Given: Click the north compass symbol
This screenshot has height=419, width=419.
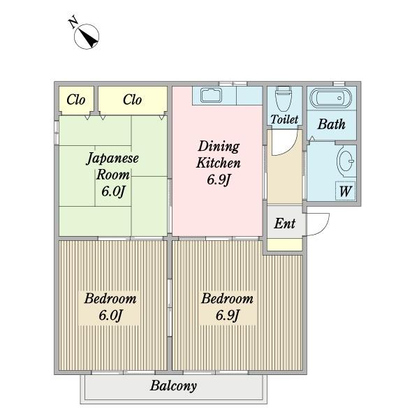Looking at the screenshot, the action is click(87, 36).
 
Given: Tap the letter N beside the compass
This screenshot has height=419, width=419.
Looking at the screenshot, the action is click(73, 22).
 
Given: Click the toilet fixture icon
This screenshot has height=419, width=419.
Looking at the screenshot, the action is click(284, 99).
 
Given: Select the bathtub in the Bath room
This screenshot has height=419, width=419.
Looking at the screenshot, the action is click(331, 98).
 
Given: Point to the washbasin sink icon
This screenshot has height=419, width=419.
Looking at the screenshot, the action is click(346, 161).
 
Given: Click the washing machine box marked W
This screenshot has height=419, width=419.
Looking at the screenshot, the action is click(345, 191).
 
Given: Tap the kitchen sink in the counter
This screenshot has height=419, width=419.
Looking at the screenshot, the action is click(211, 95).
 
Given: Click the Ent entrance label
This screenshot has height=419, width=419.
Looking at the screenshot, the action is click(285, 223).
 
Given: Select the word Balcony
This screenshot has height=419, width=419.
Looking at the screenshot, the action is click(173, 386).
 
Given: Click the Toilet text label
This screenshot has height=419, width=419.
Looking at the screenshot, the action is click(284, 119).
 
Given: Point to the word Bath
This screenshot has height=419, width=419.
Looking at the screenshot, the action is click(331, 124).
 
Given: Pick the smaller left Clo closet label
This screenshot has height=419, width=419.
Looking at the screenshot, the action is click(76, 100).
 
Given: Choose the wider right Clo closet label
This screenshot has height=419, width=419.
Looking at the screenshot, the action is click(132, 100).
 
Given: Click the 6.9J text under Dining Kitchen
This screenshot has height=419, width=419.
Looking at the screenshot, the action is click(219, 179).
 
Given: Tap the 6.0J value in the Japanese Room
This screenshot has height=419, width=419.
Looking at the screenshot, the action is click(113, 191).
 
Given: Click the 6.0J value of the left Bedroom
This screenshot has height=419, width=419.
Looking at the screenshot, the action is click(110, 316).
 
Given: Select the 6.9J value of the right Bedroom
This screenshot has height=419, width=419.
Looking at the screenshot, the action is click(227, 316).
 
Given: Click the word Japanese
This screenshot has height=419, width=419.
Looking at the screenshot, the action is click(112, 159).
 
